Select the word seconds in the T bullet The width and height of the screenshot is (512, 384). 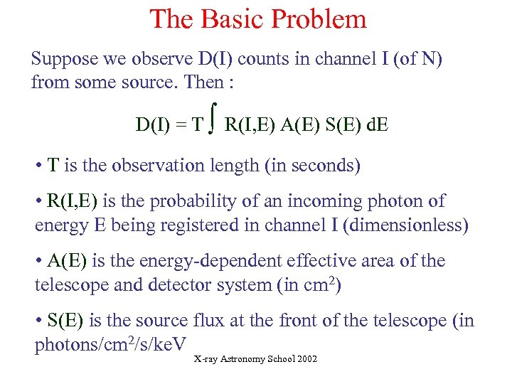[x=326, y=166]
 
